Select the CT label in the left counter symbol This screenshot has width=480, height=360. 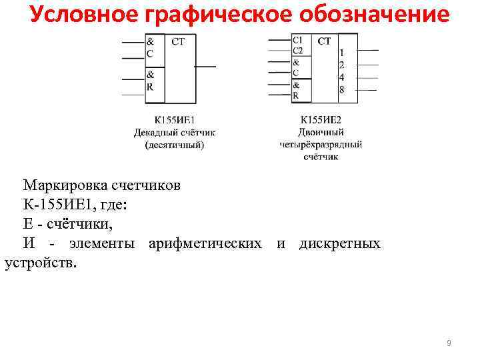[x=178, y=42]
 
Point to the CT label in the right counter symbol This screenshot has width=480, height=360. [x=324, y=41]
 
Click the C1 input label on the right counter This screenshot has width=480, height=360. [x=297, y=40]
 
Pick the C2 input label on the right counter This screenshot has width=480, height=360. [x=297, y=50]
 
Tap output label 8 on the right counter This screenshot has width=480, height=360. [x=341, y=90]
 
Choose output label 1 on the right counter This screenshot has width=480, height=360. [x=341, y=52]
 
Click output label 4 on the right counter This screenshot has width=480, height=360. [x=341, y=77]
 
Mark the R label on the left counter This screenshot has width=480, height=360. [x=151, y=87]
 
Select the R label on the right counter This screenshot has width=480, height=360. [x=296, y=95]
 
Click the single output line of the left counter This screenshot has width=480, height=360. [x=205, y=67]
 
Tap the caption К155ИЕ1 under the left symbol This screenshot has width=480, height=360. [x=174, y=121]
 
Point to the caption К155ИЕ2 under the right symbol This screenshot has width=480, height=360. [x=321, y=121]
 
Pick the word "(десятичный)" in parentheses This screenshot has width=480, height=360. [x=174, y=144]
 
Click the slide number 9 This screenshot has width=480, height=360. [x=449, y=343]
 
